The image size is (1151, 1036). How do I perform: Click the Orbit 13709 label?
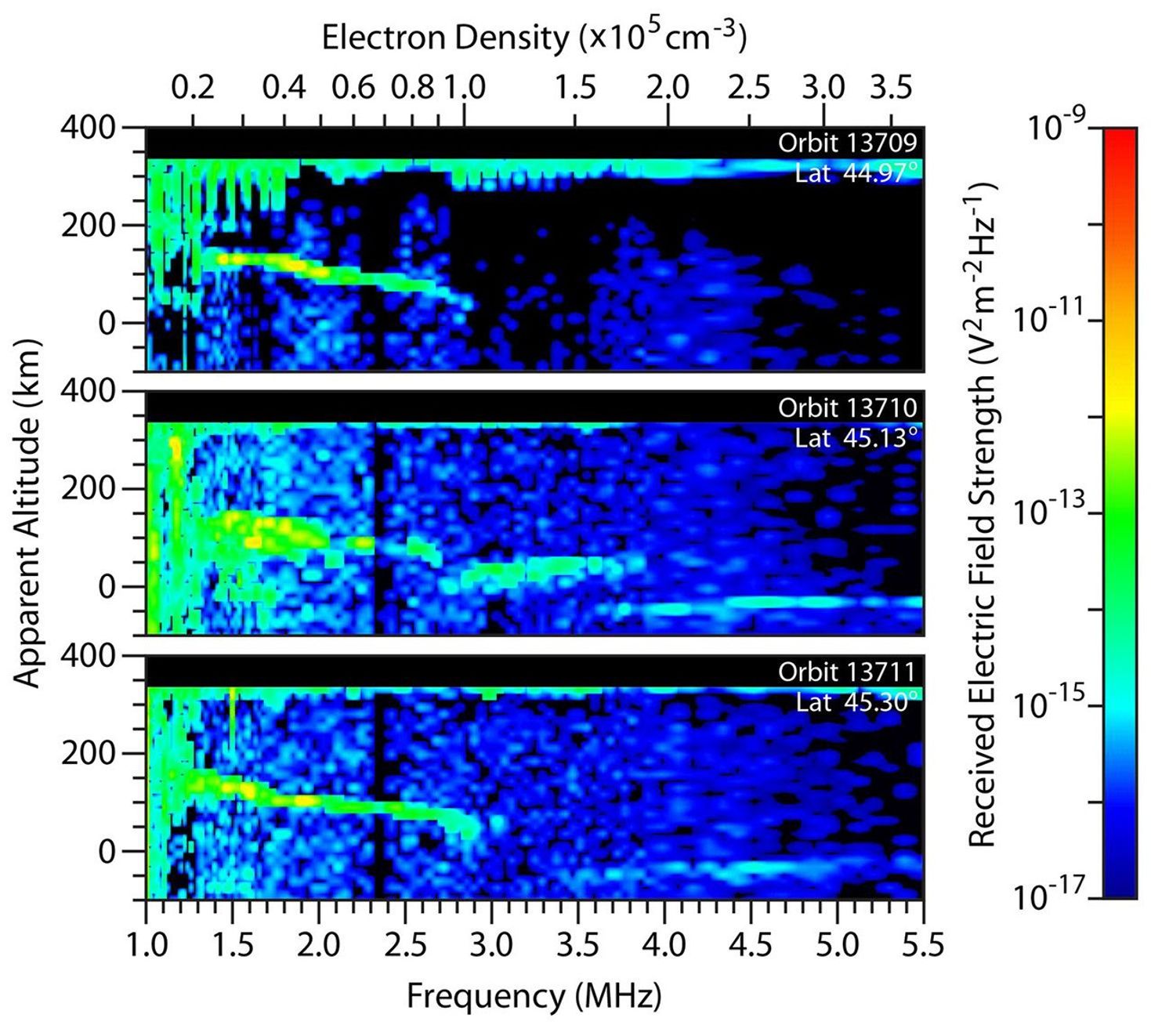tap(846, 143)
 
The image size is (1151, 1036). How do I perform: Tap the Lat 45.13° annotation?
tap(855, 437)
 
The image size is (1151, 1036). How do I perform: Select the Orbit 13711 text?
tap(846, 672)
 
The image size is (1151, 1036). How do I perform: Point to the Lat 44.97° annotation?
tap(855, 172)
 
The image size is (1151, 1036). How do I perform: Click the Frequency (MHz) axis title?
tap(534, 997)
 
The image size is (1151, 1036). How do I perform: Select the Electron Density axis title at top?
tap(534, 37)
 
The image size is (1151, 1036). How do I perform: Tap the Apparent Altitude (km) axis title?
tap(27, 513)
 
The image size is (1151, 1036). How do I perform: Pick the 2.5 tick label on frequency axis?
tap(405, 944)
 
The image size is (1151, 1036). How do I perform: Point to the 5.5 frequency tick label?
tap(922, 944)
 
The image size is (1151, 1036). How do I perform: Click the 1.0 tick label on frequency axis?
tap(147, 944)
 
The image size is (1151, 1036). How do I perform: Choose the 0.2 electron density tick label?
tap(193, 87)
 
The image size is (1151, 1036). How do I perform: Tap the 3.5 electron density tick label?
tap(891, 87)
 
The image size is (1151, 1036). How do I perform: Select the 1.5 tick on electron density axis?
tap(576, 87)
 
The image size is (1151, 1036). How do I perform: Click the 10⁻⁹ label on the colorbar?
tap(1055, 128)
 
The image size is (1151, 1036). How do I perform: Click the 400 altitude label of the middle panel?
tap(88, 390)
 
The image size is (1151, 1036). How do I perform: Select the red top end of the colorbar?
tap(1119, 135)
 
